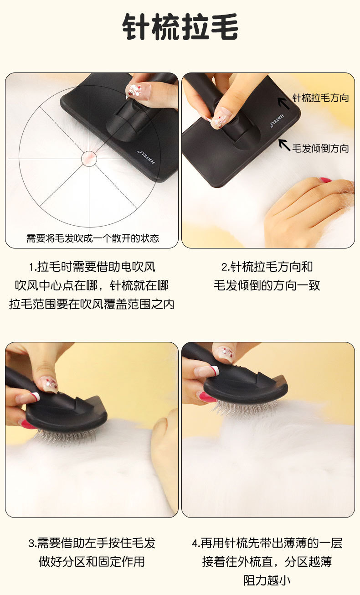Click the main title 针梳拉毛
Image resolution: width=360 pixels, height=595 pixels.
[180, 26]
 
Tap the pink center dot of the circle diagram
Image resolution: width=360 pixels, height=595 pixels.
[89, 159]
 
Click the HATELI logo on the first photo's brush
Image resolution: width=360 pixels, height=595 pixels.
[146, 157]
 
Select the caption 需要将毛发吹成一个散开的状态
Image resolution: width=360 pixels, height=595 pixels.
[93, 238]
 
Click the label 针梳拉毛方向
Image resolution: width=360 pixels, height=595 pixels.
[320, 98]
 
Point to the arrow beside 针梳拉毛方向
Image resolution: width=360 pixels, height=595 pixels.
[284, 103]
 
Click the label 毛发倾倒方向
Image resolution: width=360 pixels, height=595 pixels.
[320, 148]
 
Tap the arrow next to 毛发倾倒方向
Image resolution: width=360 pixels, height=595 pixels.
[284, 145]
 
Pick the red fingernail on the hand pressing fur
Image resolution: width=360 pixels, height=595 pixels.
[325, 180]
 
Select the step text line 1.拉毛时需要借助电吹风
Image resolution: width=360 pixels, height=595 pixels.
[92, 267]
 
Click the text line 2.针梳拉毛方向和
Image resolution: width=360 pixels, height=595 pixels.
[267, 267]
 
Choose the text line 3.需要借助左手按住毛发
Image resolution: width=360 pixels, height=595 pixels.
[92, 543]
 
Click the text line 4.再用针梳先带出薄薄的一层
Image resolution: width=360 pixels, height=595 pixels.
[267, 543]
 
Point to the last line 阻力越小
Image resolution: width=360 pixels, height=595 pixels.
[267, 580]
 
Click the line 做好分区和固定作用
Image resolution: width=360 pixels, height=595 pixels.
[92, 562]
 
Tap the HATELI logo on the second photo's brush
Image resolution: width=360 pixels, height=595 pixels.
[277, 120]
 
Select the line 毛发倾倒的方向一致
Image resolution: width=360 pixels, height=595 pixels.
[267, 285]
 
